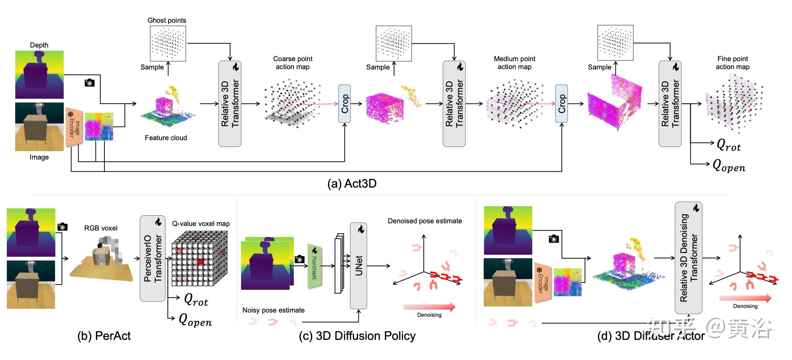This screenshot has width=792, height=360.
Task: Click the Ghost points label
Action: pos(167,21)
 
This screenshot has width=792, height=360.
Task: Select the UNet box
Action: pos(358,265)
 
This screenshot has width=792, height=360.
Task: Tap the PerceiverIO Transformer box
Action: pos(153,258)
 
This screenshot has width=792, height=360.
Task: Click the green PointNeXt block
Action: pos(315,265)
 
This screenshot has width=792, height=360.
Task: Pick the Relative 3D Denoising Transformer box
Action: pos(688,258)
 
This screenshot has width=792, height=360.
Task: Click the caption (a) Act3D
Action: pos(352,184)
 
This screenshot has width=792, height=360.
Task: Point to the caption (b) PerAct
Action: pos(104,336)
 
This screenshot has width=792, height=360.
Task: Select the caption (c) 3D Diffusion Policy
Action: pos(357,336)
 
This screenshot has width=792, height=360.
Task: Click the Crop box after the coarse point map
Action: pos(344,104)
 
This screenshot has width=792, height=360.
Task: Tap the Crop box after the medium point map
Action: pos(561,104)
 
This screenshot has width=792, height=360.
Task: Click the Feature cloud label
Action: pos(166,138)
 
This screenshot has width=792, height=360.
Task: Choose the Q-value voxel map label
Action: pos(201,224)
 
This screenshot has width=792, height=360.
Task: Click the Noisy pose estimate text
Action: pos(273,310)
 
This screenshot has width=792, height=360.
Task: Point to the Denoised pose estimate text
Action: pos(424,221)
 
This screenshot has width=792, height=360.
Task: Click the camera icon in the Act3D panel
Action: pos(90,83)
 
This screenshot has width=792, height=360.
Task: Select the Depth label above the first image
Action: pos(39,45)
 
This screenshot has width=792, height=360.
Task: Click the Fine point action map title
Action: pos(732,63)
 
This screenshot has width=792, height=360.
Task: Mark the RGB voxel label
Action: pos(101,228)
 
